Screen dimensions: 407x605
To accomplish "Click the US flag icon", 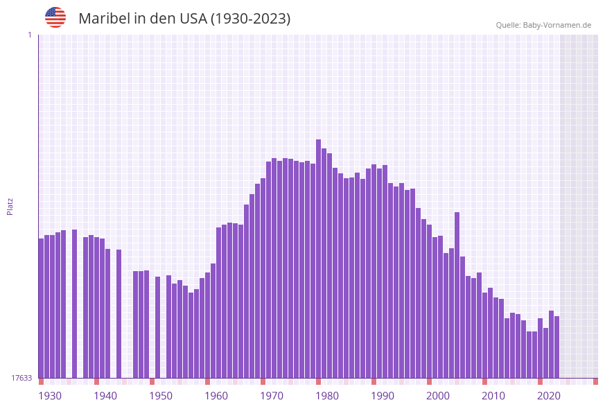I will click(x=55, y=17).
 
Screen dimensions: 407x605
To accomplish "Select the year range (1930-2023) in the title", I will click(x=250, y=19).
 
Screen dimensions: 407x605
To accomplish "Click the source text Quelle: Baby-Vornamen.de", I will click(x=543, y=25).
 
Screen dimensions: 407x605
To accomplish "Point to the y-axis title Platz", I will click(x=10, y=206).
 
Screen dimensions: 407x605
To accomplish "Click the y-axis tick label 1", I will click(x=29, y=35).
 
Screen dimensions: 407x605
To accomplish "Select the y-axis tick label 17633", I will click(x=21, y=378).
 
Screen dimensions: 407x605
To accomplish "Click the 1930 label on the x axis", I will click(x=50, y=396).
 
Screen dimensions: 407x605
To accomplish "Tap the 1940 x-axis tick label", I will click(x=105, y=396).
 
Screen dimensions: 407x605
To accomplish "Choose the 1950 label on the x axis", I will click(x=161, y=396).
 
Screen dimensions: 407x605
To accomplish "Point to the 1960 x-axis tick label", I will click(x=216, y=396).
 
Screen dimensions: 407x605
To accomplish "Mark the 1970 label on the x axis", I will click(x=272, y=396).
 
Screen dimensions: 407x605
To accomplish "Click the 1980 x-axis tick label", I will click(x=327, y=396).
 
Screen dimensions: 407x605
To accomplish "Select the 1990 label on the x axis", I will click(x=383, y=396).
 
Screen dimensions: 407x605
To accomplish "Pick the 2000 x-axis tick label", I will click(x=438, y=396).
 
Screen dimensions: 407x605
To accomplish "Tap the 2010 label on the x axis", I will click(x=493, y=396).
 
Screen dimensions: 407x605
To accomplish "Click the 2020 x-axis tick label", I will click(x=549, y=396).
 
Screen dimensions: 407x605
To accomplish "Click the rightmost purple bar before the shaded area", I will click(x=556, y=347).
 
